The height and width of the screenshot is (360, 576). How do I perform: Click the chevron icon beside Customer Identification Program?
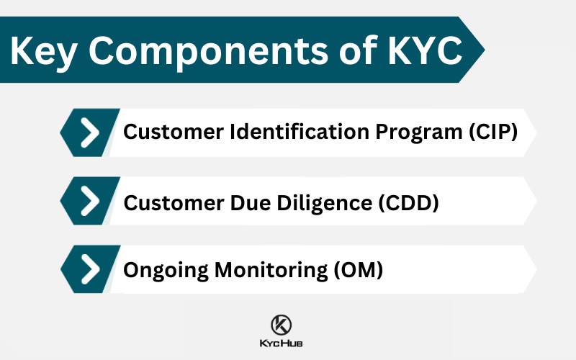pyautogui.click(x=90, y=133)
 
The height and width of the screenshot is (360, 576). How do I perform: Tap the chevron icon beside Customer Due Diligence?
pyautogui.click(x=90, y=202)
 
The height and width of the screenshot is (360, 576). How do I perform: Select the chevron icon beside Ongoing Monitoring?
pyautogui.click(x=90, y=269)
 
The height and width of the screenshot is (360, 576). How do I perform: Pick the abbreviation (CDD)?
pyautogui.click(x=408, y=202)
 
